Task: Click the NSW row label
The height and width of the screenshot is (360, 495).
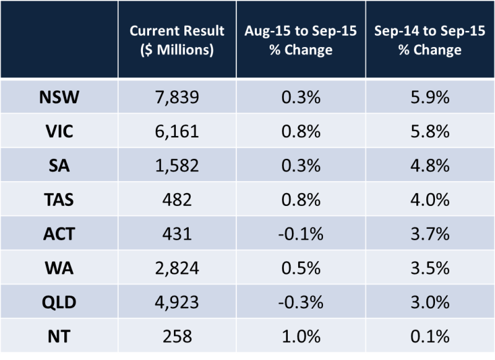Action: pyautogui.click(x=59, y=96)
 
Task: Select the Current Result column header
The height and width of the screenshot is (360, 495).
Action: pyautogui.click(x=177, y=41)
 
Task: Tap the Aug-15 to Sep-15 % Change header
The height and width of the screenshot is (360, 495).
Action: pyautogui.click(x=301, y=41)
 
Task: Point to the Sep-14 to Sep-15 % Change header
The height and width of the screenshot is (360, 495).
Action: pyautogui.click(x=430, y=41)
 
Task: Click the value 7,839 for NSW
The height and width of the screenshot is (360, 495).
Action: pyautogui.click(x=177, y=96)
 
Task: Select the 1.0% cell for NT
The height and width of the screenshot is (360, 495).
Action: pyautogui.click(x=301, y=337)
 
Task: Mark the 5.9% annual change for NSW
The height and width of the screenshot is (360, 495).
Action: pyautogui.click(x=430, y=96)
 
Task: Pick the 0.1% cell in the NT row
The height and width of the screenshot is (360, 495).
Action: pyautogui.click(x=430, y=337)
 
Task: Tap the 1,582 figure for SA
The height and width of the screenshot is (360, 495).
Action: pyautogui.click(x=177, y=166)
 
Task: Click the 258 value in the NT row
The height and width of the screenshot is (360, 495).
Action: pyautogui.click(x=177, y=337)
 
